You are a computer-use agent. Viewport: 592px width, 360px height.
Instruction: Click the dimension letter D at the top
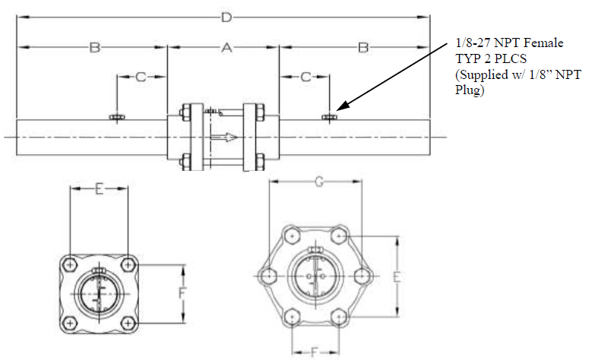[224, 17]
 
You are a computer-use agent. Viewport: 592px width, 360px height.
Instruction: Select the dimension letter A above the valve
[225, 48]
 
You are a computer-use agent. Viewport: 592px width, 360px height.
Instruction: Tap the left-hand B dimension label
[94, 48]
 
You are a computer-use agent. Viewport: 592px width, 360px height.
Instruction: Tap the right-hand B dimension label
[364, 48]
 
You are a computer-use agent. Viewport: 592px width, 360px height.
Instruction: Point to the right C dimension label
[305, 77]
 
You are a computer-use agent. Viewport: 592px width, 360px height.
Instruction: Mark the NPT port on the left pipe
[118, 116]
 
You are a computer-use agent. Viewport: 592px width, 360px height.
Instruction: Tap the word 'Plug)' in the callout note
[469, 90]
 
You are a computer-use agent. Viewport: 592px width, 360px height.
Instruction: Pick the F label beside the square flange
[182, 292]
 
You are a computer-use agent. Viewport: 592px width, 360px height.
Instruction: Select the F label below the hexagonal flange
[314, 350]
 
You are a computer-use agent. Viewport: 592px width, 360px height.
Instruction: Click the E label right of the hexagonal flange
[396, 277]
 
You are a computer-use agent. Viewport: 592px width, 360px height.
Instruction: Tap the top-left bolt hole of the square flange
[71, 264]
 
